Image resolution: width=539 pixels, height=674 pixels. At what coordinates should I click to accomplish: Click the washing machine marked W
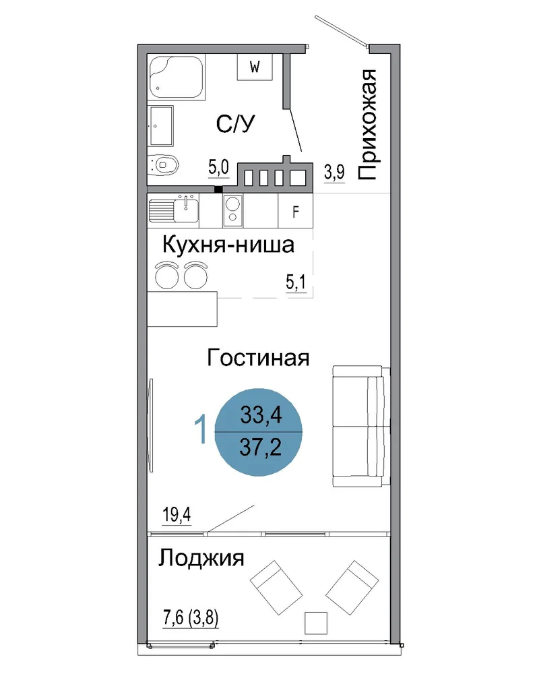coord(255,67)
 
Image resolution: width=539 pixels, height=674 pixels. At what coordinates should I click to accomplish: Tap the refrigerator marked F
coord(295,210)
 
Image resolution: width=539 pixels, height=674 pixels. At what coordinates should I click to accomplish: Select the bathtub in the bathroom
coord(177,78)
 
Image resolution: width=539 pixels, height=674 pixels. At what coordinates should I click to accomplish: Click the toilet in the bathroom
coord(162,164)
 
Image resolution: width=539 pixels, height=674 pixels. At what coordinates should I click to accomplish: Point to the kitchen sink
coord(174,210)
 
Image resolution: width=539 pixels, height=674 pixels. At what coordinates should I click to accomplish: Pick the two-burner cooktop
coord(232,210)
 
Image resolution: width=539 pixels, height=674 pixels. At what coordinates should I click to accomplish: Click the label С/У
coord(235,124)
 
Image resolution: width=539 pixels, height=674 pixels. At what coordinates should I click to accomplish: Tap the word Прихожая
coord(367,124)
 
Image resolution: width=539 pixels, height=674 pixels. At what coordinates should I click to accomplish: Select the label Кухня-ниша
coord(228,245)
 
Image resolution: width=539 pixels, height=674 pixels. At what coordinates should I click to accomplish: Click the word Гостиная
coord(258,358)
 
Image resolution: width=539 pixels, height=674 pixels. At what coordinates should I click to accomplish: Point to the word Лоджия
coord(201,559)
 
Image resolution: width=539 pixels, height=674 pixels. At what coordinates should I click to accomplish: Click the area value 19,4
coord(177,514)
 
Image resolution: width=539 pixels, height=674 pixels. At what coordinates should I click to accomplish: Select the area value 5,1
coord(296,282)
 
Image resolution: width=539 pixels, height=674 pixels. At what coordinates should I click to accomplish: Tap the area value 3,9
coord(334,173)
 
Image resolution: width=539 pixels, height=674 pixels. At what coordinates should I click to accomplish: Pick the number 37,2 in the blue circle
coord(261,448)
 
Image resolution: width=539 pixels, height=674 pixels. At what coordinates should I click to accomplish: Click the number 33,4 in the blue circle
coord(261,415)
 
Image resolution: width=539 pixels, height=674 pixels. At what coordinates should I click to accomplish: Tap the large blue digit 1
coord(201,429)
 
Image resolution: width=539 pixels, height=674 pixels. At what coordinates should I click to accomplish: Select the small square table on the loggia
coord(316,623)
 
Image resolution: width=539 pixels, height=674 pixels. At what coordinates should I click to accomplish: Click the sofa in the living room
coord(361,426)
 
